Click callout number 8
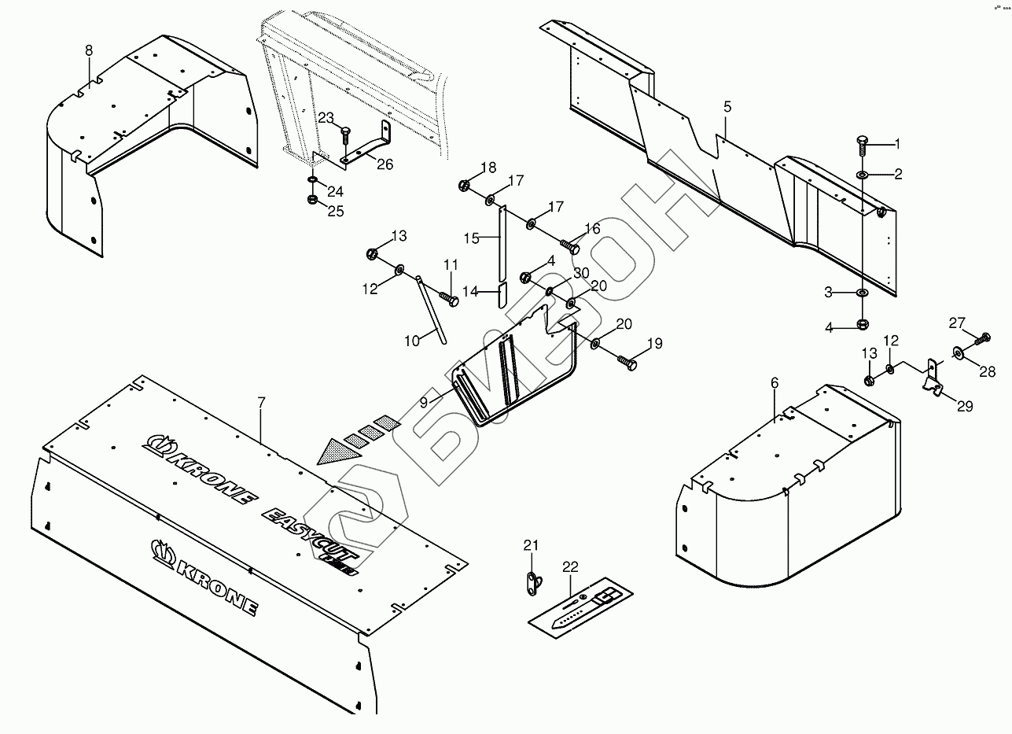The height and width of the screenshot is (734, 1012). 89,50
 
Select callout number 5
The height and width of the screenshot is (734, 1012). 727,105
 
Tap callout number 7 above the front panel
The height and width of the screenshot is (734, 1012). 262,402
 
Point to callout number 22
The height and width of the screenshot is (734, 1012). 570,566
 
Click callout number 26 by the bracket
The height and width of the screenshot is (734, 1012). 385,164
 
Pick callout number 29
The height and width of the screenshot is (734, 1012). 965,406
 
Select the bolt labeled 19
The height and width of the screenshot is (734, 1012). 627,362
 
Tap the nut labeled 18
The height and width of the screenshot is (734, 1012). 464,186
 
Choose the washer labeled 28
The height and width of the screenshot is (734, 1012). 961,352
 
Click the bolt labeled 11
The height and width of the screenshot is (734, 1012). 450,300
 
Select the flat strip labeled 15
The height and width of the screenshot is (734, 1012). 501,244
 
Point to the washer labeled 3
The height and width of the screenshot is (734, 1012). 863,293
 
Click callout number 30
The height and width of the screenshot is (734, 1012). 581,273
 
